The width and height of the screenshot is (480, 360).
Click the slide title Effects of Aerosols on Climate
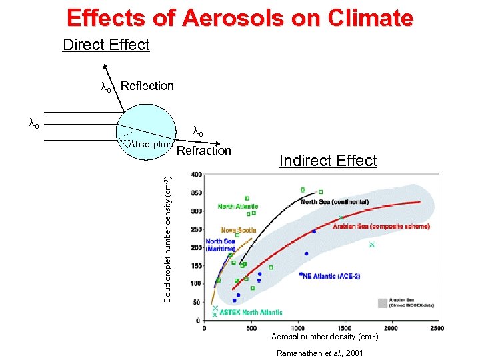(x=240, y=17)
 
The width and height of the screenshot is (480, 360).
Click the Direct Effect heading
(x=106, y=45)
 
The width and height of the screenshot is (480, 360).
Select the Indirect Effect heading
(x=328, y=161)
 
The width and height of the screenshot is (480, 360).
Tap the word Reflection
(x=147, y=86)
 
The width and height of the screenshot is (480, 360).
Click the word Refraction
(x=203, y=151)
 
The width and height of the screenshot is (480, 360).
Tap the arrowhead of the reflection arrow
(x=105, y=67)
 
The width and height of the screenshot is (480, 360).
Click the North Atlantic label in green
(x=237, y=207)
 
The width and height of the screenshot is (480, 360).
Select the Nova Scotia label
(x=238, y=231)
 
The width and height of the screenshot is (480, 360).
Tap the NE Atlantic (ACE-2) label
(x=331, y=276)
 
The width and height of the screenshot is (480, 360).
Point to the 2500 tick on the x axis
(x=437, y=327)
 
